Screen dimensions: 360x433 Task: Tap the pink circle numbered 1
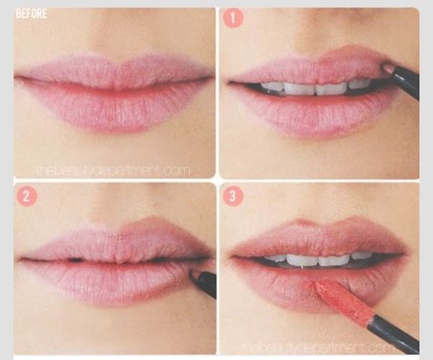tap(233, 17)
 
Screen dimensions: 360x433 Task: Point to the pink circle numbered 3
tap(232, 196)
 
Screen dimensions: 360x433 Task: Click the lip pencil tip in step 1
tap(388, 68)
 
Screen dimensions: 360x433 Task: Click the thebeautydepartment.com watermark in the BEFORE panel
tap(113, 170)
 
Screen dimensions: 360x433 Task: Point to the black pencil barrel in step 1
tap(407, 81)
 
